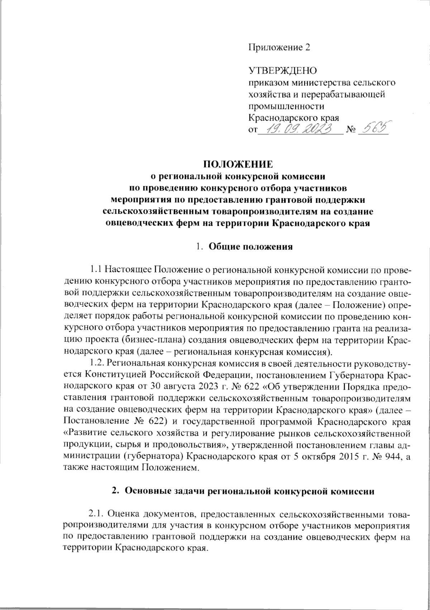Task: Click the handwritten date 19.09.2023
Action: click(300, 129)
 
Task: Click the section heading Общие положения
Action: click(251, 247)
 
